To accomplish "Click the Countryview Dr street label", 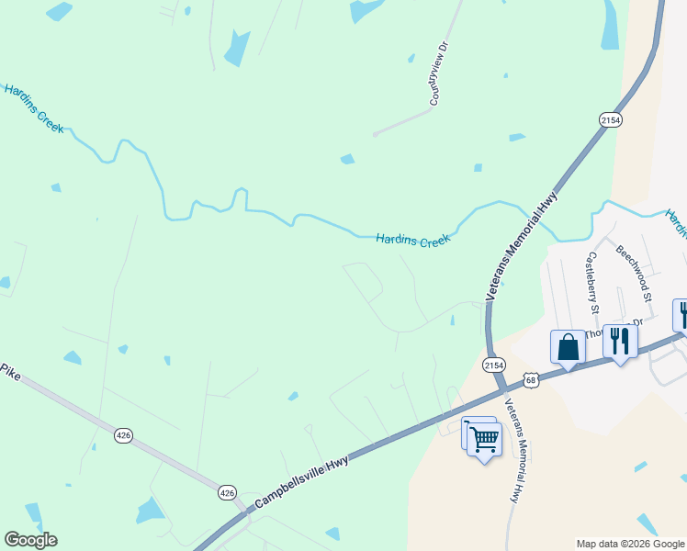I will click(x=437, y=77).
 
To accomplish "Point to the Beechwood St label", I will click(x=634, y=274).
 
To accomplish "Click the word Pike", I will click(x=10, y=371).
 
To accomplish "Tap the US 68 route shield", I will click(x=530, y=379).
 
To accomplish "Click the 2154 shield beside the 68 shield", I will click(x=494, y=365).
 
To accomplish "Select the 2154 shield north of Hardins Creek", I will click(x=610, y=120).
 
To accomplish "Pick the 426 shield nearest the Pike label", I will click(x=124, y=434).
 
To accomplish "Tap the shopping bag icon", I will click(x=568, y=348).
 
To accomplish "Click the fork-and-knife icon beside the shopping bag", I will click(x=620, y=342).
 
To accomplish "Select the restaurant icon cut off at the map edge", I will click(x=681, y=315).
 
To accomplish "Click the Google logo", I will click(x=30, y=540).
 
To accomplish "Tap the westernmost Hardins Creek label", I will click(x=34, y=108).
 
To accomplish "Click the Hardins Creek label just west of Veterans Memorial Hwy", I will click(x=413, y=241).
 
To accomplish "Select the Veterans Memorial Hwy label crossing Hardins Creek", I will click(x=522, y=245).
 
